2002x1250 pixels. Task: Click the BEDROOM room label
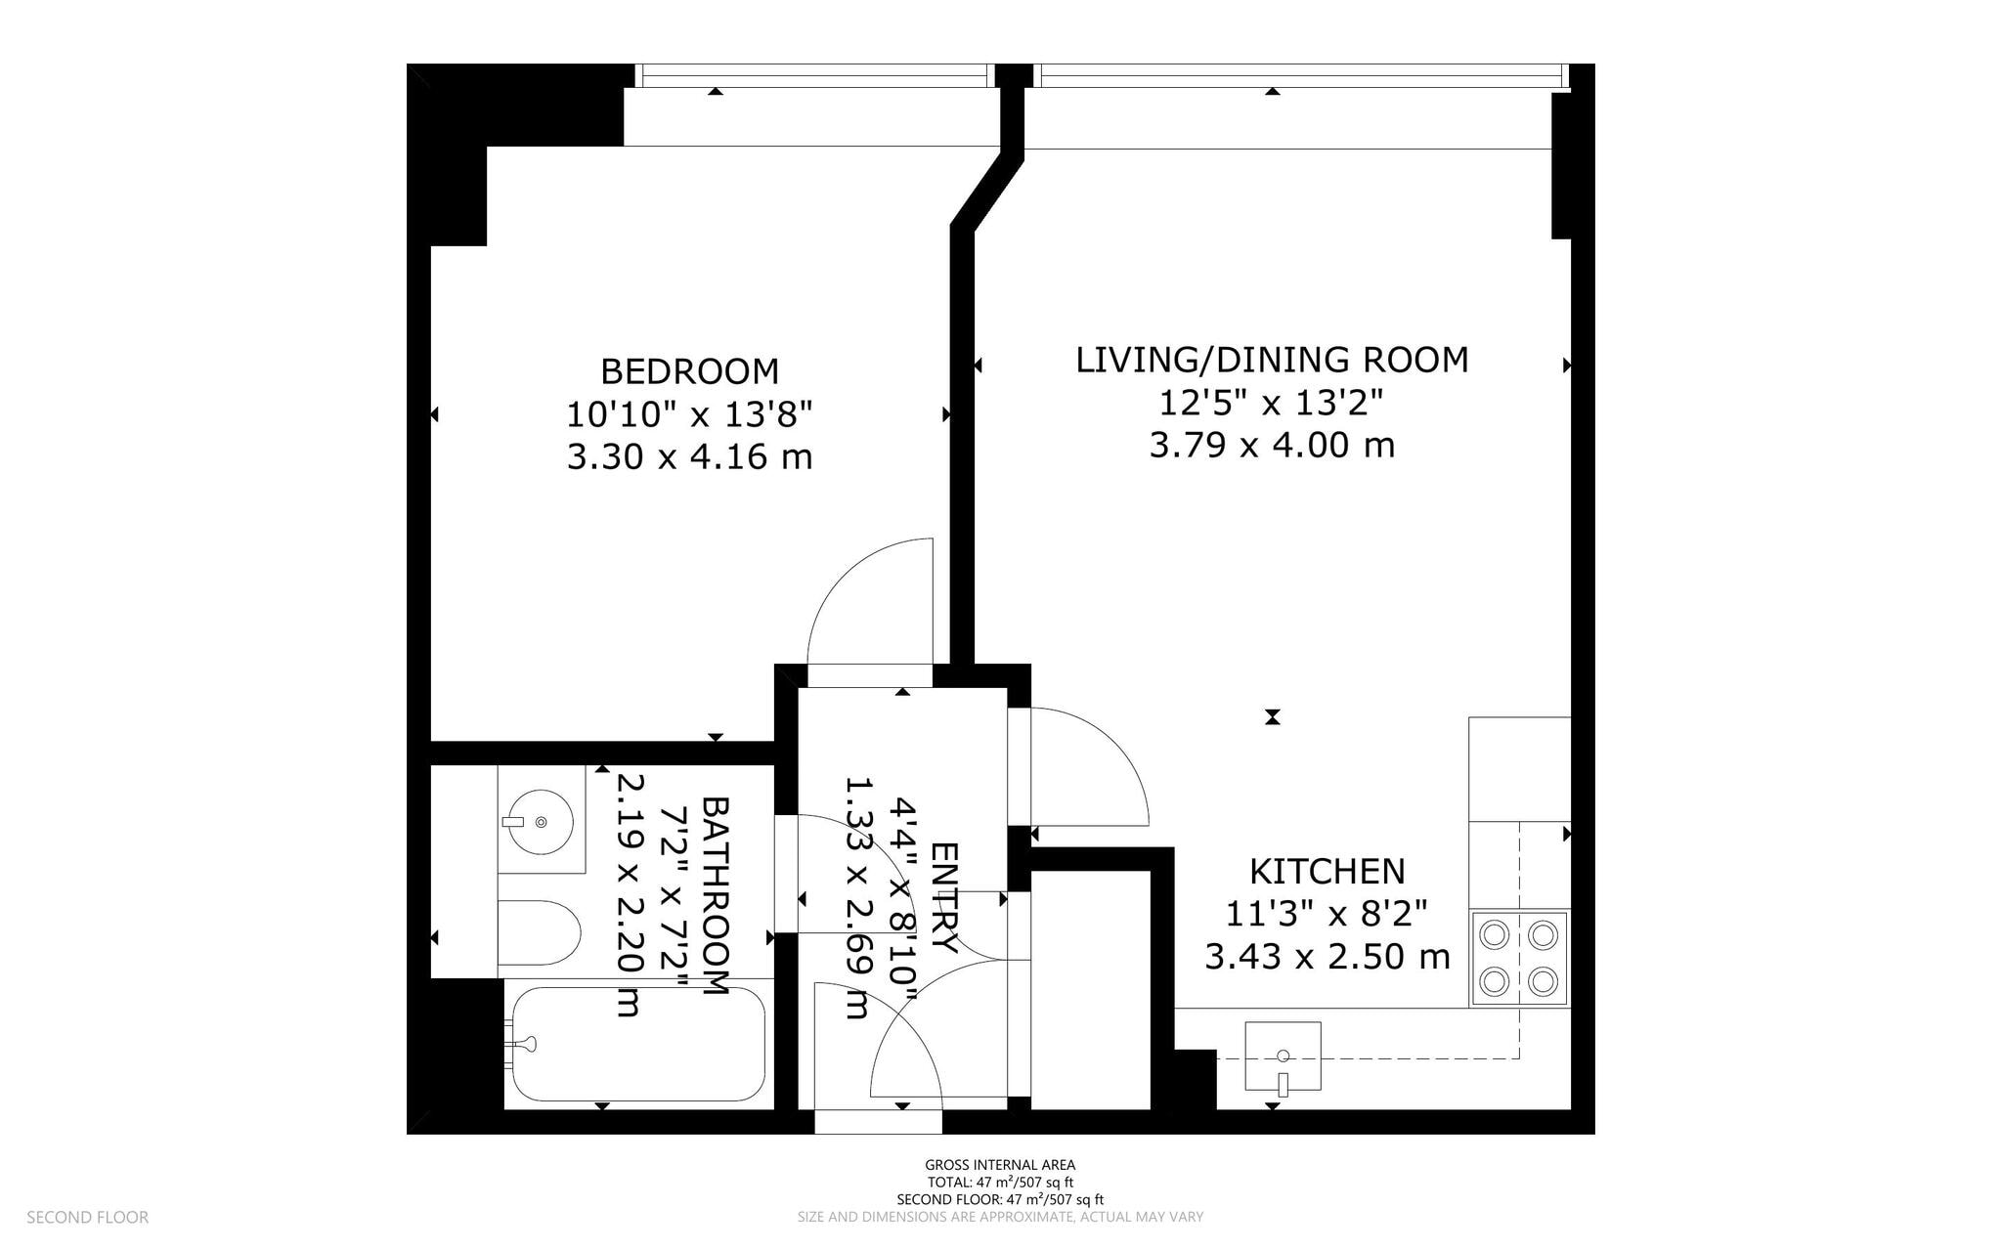(x=689, y=371)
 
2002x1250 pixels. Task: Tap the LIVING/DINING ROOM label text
(x=1272, y=360)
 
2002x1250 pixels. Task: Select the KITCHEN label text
(x=1327, y=871)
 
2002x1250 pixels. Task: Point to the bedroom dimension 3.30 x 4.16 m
(x=689, y=456)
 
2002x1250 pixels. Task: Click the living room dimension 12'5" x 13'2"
(x=1272, y=402)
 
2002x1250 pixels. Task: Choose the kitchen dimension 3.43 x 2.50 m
(x=1327, y=956)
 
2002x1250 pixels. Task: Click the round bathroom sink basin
(x=540, y=822)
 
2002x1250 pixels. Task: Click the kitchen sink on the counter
(x=1283, y=1056)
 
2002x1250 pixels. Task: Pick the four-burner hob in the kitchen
(x=1518, y=959)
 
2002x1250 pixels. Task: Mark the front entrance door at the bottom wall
(x=878, y=1120)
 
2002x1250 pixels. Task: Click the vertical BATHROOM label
(x=716, y=896)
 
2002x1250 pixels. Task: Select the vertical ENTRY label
(x=943, y=896)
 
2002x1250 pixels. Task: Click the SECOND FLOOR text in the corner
(x=87, y=1217)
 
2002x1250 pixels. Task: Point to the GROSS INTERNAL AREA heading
(x=1000, y=1164)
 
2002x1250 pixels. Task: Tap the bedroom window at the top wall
(x=813, y=75)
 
